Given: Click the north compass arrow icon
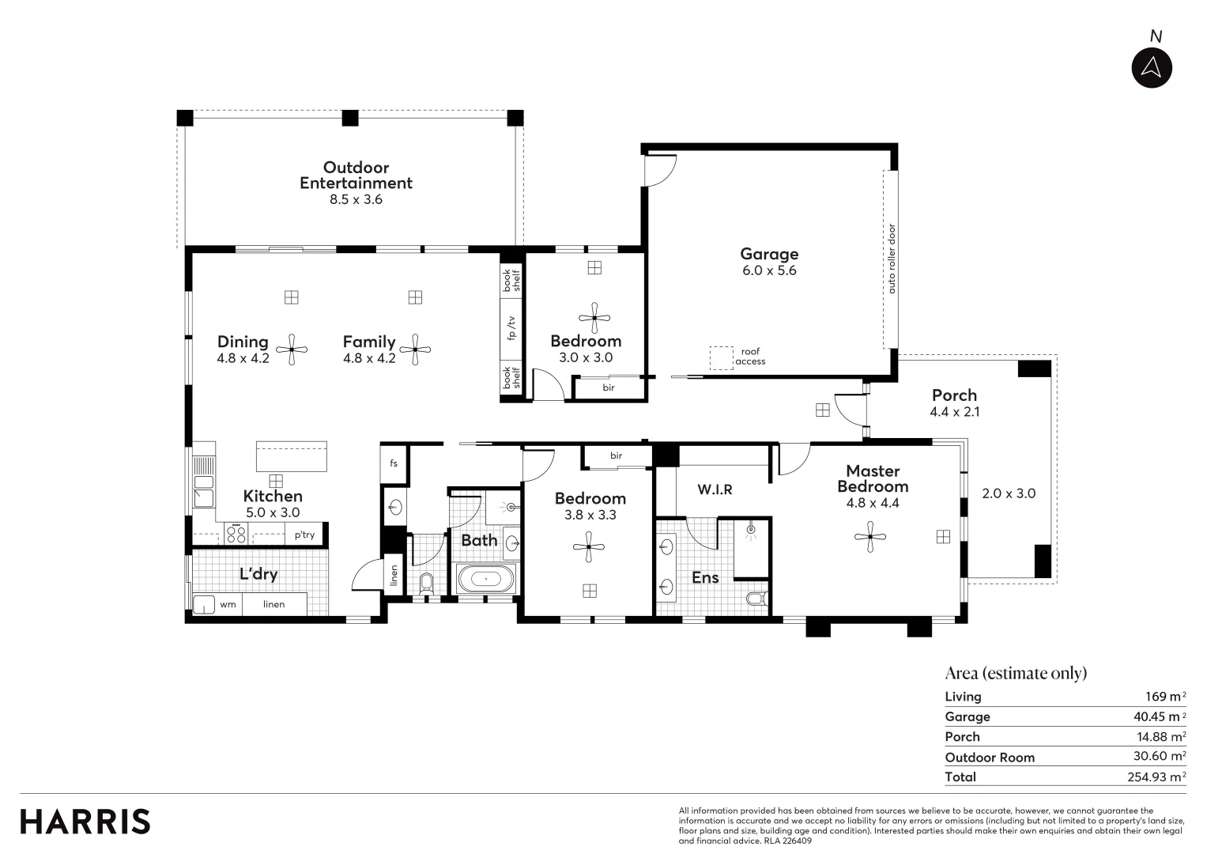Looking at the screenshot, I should tap(1151, 67).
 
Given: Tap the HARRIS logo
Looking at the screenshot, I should tap(85, 822).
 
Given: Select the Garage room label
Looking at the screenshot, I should tap(768, 254).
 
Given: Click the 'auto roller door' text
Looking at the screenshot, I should tap(892, 259).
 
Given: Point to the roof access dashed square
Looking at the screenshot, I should tap(720, 358).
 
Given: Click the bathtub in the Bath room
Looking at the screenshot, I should tap(485, 579).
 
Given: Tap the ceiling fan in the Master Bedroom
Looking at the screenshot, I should tap(870, 537).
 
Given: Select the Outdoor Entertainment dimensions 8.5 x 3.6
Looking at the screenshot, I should tap(356, 200).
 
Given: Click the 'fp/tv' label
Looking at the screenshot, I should tap(511, 328).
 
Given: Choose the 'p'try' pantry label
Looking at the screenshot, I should tap(304, 535).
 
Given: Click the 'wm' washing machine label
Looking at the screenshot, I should tap(228, 605).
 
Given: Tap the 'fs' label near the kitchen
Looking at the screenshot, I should tap(394, 463).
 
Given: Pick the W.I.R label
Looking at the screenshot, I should tap(715, 490).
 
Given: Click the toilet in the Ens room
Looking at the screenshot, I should tap(756, 599).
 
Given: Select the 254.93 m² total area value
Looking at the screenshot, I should tap(1156, 777).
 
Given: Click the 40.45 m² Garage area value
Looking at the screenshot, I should tap(1158, 716).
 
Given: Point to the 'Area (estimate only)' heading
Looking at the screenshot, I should tap(1016, 673).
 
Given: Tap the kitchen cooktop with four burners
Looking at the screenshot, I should tap(236, 534).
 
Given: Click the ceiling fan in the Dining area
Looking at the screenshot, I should tap(292, 349).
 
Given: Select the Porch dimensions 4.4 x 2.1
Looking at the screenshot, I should tap(954, 412).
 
